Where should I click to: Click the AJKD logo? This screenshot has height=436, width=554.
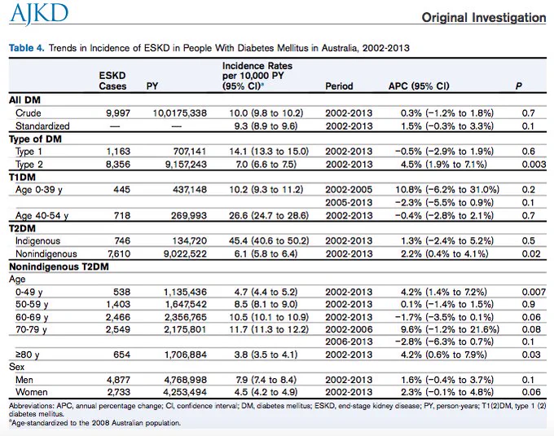pyautogui.click(x=39, y=13)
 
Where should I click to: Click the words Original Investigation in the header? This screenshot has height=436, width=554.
pyautogui.click(x=484, y=17)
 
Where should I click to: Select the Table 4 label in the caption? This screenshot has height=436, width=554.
pyautogui.click(x=27, y=48)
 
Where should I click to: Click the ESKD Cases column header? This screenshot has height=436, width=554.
pyautogui.click(x=112, y=81)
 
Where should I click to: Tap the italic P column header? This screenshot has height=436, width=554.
pyautogui.click(x=518, y=86)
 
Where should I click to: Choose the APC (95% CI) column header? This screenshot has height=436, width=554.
pyautogui.click(x=419, y=86)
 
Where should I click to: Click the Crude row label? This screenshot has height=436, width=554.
pyautogui.click(x=29, y=113)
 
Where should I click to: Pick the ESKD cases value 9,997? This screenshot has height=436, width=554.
pyautogui.click(x=118, y=113)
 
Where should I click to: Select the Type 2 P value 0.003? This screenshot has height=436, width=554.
pyautogui.click(x=534, y=165)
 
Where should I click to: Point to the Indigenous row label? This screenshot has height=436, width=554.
pyautogui.click(x=37, y=240)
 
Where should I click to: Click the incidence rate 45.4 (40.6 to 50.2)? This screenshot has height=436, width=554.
pyautogui.click(x=269, y=240)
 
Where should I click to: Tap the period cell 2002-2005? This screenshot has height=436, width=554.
pyautogui.click(x=349, y=190)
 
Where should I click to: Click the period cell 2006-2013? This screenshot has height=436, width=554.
pyautogui.click(x=349, y=341)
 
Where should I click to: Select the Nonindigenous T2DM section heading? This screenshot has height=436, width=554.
pyautogui.click(x=59, y=266)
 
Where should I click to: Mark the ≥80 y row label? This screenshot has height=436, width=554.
pyautogui.click(x=27, y=355)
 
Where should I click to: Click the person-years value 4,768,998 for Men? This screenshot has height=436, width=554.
pyautogui.click(x=185, y=380)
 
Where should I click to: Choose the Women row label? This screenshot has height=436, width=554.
pyautogui.click(x=32, y=392)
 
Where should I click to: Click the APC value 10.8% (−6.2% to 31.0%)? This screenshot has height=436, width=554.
pyautogui.click(x=447, y=190)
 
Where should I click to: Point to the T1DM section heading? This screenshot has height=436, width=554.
pyautogui.click(x=22, y=177)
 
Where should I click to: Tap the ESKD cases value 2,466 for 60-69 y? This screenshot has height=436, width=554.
pyautogui.click(x=118, y=317)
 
